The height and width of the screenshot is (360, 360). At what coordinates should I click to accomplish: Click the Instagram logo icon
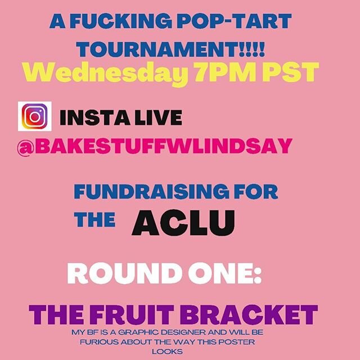click(35, 117)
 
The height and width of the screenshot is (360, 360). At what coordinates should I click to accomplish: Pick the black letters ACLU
click(182, 222)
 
